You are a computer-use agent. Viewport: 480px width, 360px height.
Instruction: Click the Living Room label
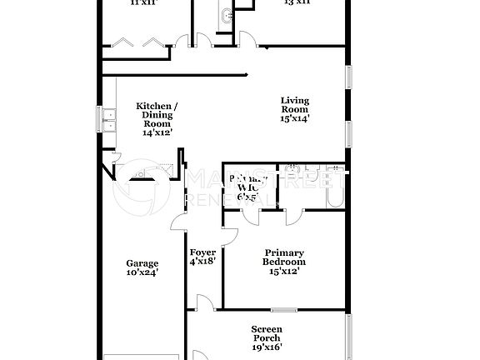point(295,104)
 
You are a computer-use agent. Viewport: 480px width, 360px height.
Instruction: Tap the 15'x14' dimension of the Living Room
point(295,119)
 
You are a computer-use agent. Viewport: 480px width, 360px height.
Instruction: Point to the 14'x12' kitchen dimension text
point(157,132)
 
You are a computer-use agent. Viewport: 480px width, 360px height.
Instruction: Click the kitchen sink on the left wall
point(108,122)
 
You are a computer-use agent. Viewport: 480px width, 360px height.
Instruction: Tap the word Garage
point(142,262)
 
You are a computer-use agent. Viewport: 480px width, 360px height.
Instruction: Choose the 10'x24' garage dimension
point(142,272)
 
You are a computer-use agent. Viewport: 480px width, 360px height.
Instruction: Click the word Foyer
point(202,252)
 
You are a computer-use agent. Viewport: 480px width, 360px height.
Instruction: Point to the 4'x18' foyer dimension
point(202,262)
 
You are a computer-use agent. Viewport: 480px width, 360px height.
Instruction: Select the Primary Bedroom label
point(284,257)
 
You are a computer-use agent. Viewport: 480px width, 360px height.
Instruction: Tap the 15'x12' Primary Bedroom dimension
point(284,271)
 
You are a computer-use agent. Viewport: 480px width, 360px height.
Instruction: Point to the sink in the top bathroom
point(228,14)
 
